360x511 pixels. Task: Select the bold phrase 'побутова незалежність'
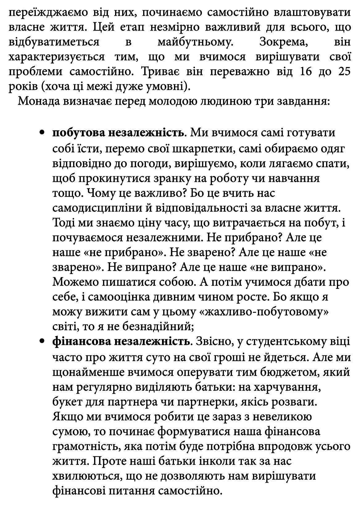pyautogui.click(x=118, y=133)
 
